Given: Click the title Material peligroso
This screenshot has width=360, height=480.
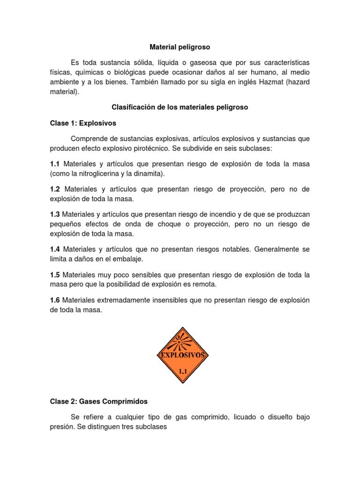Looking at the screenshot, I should click(x=180, y=47).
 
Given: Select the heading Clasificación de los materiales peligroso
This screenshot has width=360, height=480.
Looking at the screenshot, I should click(x=180, y=107).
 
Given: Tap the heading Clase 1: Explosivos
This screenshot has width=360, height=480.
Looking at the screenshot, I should click(x=83, y=123).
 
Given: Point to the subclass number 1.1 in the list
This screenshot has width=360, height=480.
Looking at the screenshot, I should click(x=55, y=164).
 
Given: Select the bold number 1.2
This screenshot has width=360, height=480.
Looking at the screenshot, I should click(x=55, y=189).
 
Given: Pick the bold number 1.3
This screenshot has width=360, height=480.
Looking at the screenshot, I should click(x=55, y=214).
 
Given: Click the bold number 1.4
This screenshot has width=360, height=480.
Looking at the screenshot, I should click(x=55, y=249).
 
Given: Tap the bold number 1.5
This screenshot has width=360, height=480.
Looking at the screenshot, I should click(x=55, y=275).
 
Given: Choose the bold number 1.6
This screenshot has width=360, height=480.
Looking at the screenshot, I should click(x=55, y=300).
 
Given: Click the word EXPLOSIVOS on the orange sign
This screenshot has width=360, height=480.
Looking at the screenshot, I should click(x=183, y=355).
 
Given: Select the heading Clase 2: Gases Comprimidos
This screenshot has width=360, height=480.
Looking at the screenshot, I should click(x=98, y=401).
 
